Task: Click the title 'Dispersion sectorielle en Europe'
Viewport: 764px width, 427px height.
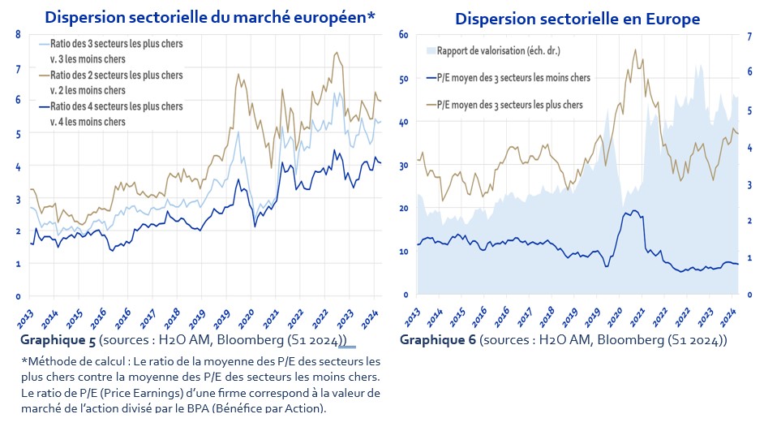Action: click(x=577, y=18)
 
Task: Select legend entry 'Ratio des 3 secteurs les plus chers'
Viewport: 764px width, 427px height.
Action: click(x=115, y=43)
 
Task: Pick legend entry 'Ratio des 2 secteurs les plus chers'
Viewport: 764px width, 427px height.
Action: click(x=115, y=75)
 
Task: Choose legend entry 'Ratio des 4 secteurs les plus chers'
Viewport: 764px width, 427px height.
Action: click(x=115, y=106)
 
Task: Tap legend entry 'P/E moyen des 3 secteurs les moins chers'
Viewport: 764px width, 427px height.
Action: click(x=513, y=78)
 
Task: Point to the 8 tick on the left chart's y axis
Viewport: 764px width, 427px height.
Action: click(x=18, y=34)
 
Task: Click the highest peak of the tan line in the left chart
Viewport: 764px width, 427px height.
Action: click(x=336, y=53)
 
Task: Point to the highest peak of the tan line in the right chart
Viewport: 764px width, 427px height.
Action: click(x=635, y=50)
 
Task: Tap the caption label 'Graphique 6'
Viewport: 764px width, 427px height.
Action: click(x=432, y=339)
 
